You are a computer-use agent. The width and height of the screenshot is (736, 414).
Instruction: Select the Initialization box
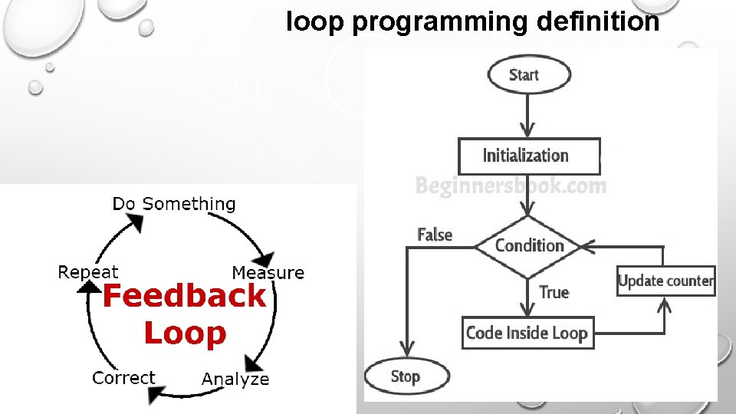click(x=528, y=156)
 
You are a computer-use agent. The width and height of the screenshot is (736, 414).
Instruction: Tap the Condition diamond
click(x=529, y=246)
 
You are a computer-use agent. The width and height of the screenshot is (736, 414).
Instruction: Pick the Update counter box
click(x=665, y=281)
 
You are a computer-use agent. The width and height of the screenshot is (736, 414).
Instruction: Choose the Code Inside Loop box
click(x=527, y=333)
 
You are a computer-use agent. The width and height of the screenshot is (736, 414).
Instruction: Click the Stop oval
click(x=406, y=376)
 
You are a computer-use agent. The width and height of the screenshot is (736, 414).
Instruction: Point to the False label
click(x=435, y=235)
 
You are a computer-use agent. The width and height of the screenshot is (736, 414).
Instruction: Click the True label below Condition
click(x=554, y=292)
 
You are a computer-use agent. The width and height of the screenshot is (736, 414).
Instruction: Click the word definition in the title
click(x=598, y=22)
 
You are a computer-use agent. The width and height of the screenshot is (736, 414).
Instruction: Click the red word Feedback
click(x=184, y=295)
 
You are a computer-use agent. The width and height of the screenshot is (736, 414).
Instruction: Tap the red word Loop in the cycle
click(x=185, y=333)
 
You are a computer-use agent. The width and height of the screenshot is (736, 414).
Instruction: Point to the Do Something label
click(x=174, y=204)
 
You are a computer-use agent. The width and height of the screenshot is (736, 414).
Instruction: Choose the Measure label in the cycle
click(x=268, y=273)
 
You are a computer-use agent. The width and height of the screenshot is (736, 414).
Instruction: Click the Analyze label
click(x=235, y=379)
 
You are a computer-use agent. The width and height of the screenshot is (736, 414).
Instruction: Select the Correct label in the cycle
click(x=123, y=377)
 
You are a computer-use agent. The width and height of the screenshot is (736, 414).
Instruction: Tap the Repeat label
click(x=88, y=272)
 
